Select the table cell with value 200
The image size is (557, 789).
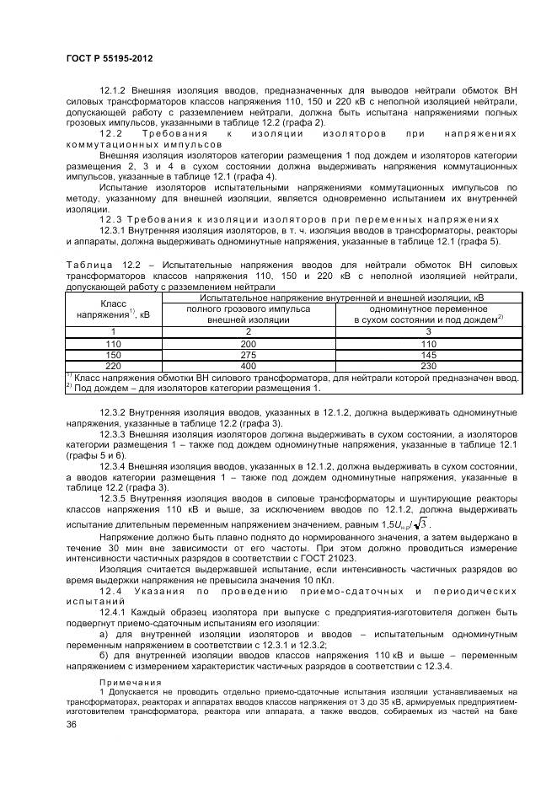(247, 345)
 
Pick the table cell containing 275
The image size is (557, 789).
(247, 356)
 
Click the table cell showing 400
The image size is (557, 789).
(247, 367)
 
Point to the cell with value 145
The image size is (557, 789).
(429, 356)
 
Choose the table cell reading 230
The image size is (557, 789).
(429, 367)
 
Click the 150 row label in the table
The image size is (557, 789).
(113, 356)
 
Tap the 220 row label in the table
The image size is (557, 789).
(113, 367)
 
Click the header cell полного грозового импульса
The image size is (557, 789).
(247, 309)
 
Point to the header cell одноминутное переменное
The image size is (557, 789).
(429, 309)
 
